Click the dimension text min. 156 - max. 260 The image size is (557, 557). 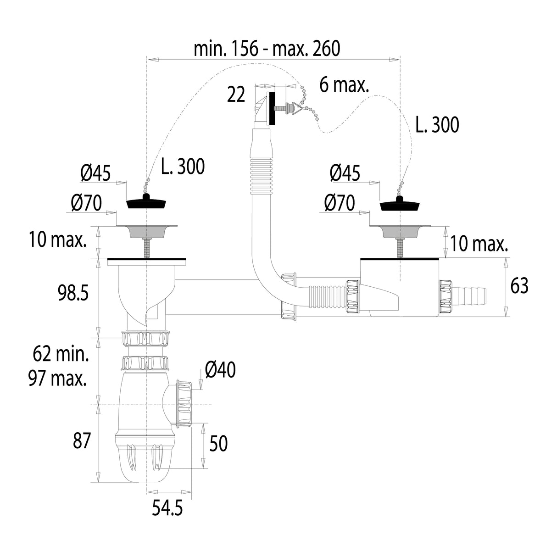(267, 49)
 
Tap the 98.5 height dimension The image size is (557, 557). (73, 293)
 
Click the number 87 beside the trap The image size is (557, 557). (82, 440)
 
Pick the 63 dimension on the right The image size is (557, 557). (519, 286)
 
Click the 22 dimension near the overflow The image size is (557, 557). (236, 94)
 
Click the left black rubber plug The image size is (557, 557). (146, 201)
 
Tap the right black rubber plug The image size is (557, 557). (399, 204)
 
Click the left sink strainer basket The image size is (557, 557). (146, 231)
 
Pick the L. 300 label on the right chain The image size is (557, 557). (437, 125)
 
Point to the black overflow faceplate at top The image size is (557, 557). (272, 108)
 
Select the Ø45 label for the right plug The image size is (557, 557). (345, 173)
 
